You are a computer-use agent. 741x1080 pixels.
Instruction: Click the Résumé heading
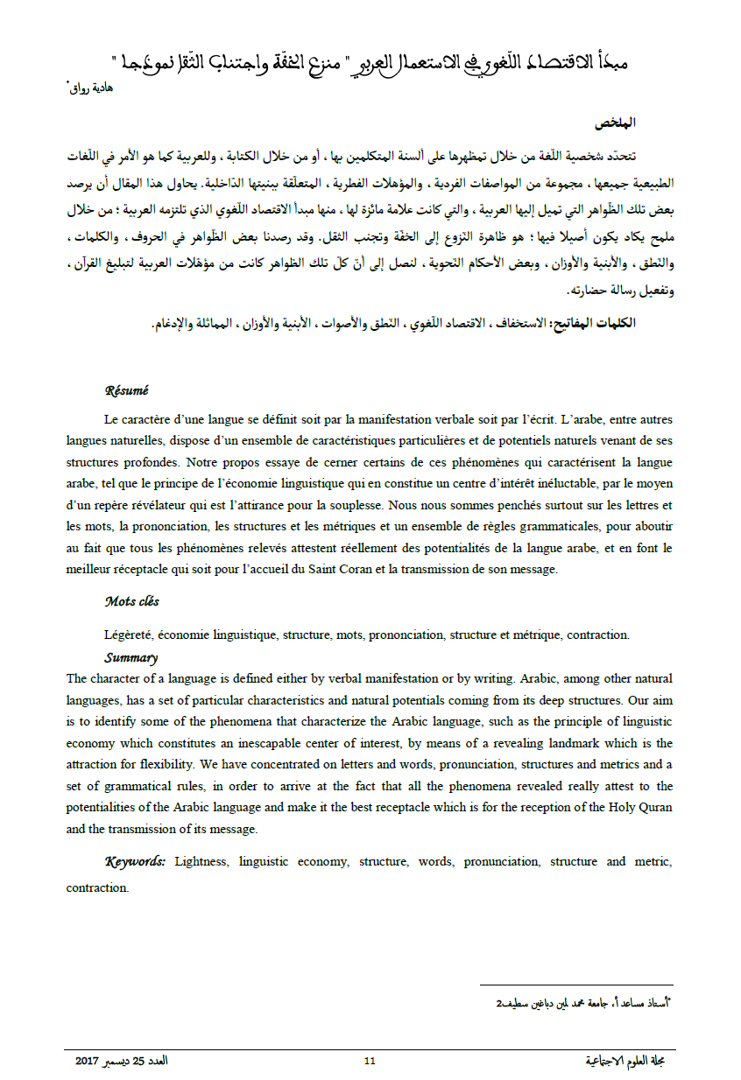(x=127, y=391)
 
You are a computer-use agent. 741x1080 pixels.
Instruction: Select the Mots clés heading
(x=132, y=601)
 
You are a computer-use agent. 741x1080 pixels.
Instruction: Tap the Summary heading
(x=131, y=657)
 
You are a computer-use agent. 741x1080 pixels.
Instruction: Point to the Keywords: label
(x=136, y=861)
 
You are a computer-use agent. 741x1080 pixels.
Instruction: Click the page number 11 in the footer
(x=370, y=1061)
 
